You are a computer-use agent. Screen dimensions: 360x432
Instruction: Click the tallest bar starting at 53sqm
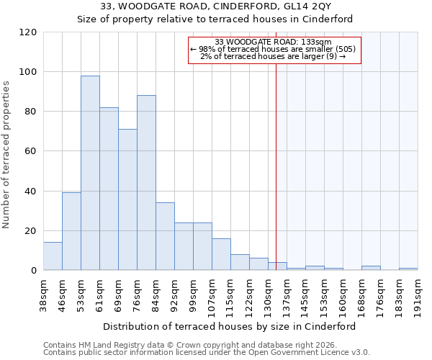tap(90, 173)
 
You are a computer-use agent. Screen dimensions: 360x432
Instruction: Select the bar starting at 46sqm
tap(71, 231)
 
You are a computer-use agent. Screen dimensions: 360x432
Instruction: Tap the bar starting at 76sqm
tap(146, 183)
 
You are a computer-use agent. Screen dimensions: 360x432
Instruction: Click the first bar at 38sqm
tap(53, 256)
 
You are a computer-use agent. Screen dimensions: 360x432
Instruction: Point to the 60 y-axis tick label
tap(31, 151)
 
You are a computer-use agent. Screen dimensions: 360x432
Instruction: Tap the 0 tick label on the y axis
tap(34, 271)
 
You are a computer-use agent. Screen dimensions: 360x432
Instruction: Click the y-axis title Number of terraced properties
tap(6, 155)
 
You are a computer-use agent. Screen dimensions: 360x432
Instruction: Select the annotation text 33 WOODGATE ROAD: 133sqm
tap(273, 42)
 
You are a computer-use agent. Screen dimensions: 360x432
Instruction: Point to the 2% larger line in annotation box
tap(273, 56)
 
